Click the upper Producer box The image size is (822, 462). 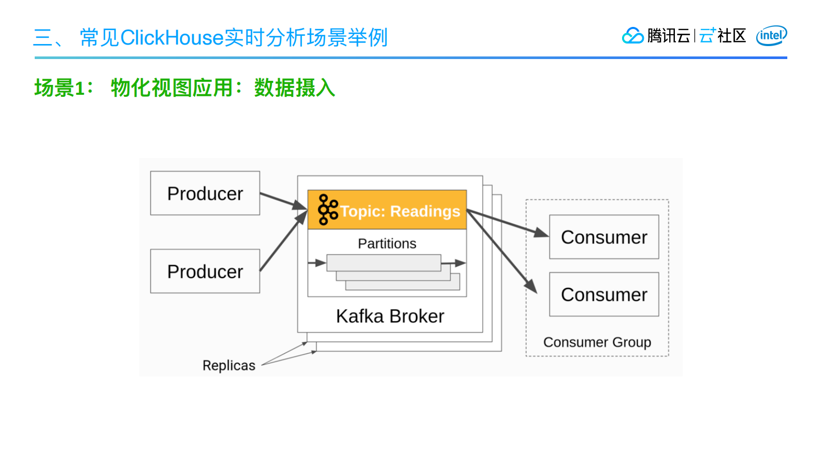click(x=205, y=193)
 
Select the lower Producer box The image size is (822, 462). click(x=205, y=271)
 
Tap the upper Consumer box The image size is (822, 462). click(x=604, y=237)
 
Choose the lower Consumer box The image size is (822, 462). click(x=604, y=294)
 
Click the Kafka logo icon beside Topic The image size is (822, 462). click(x=327, y=210)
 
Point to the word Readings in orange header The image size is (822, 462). click(x=425, y=211)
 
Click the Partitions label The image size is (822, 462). click(x=387, y=243)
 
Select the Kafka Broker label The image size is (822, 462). click(x=390, y=316)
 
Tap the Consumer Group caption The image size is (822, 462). click(x=597, y=342)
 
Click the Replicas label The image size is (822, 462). click(x=229, y=366)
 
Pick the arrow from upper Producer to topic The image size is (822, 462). click(x=282, y=201)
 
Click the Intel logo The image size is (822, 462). click(x=771, y=35)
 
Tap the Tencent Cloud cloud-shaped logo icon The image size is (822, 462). click(x=632, y=36)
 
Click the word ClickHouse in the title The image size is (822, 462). click(x=172, y=38)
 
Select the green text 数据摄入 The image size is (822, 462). click(x=294, y=88)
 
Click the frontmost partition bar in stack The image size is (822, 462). click(x=384, y=263)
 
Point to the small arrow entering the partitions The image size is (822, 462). click(x=316, y=263)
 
